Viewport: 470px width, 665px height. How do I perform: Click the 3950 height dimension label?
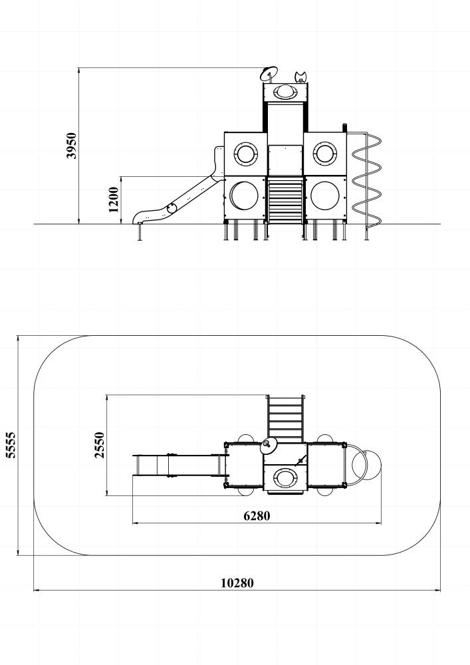point(72,146)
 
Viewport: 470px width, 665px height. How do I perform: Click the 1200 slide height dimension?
point(114,199)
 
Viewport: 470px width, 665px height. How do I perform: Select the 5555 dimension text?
point(11,445)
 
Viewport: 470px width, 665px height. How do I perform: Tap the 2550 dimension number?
point(100,445)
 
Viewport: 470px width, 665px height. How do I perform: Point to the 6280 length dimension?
point(257,516)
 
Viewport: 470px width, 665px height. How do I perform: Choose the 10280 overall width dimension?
point(237,583)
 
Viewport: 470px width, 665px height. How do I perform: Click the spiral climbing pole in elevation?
point(366,181)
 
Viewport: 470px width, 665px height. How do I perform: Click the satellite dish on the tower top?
point(269,74)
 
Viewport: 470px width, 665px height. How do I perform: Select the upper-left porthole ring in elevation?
point(245,153)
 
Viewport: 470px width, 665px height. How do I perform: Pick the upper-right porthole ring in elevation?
point(324,153)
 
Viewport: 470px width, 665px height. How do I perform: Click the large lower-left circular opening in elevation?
point(244,196)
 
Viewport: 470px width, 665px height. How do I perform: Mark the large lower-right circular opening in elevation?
point(325,196)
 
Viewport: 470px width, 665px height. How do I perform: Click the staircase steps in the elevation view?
point(285,200)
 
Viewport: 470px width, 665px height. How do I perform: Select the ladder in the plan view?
point(285,419)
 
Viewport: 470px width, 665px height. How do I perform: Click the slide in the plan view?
point(181,465)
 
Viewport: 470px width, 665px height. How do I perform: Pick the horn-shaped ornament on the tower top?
point(300,77)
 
